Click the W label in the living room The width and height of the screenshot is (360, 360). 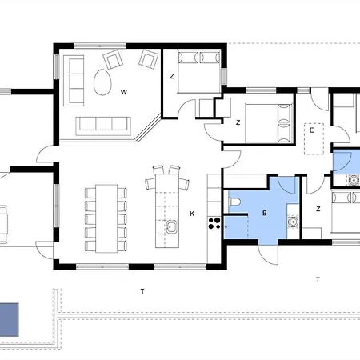pos(124,92)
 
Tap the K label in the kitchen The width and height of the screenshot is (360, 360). pos(192,214)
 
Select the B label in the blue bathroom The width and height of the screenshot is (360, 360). pos(265,213)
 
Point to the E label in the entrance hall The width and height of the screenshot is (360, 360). pos(311,130)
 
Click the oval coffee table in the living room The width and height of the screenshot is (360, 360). pos(102,82)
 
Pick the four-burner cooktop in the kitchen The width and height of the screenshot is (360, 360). pos(214,223)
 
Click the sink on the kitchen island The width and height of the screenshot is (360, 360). pos(172,226)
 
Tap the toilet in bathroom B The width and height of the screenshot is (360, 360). pos(234,202)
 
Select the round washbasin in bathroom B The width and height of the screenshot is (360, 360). pos(293,222)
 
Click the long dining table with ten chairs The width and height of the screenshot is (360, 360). pos(106,218)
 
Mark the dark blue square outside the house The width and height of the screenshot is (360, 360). pos(9,319)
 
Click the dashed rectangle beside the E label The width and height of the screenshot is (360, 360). pos(314,138)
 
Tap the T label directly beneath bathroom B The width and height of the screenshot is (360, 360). pos(318,280)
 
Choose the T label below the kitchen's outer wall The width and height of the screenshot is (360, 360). pos(142,291)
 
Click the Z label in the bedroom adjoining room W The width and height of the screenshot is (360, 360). pos(172,76)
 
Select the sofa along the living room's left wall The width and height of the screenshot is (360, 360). pos(74,81)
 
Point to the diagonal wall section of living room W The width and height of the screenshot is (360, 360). pos(148,128)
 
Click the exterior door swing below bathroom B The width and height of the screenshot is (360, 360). pos(268,254)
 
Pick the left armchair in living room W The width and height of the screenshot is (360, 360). pos(113,59)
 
